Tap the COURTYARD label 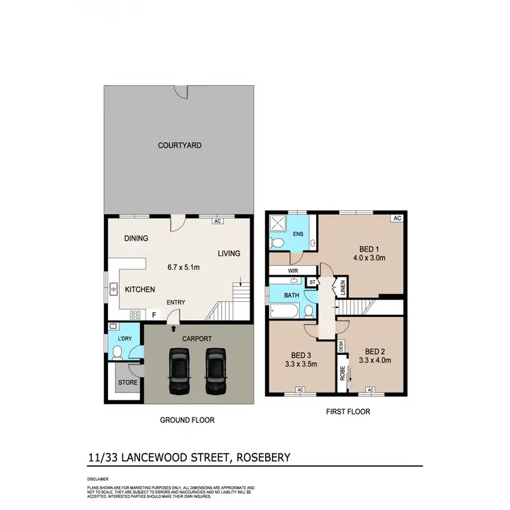180,146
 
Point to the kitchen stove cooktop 135,315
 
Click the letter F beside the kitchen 154,315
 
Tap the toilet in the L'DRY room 117,352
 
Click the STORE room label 128,383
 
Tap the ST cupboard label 312,282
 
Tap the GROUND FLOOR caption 187,420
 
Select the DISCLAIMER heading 96,479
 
